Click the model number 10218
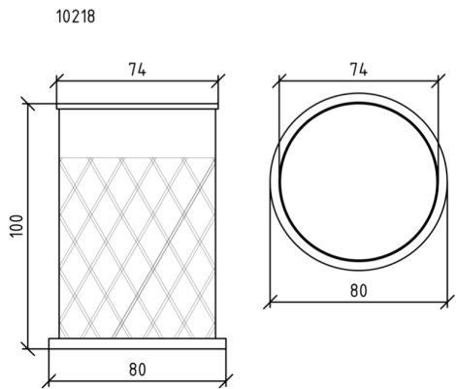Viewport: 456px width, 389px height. tap(76, 16)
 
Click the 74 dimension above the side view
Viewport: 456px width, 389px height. tap(138, 69)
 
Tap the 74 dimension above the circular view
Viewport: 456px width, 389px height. tap(359, 69)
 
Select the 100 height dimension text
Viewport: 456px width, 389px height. tap(16, 226)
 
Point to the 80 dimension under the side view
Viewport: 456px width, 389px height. tap(138, 370)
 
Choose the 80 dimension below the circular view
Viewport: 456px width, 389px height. tap(359, 290)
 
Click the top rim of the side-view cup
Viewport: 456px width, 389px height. tap(138, 107)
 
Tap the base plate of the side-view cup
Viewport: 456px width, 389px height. tap(138, 343)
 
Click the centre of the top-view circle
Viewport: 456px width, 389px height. tap(359, 181)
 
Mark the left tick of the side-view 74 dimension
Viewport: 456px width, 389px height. tap(56, 81)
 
